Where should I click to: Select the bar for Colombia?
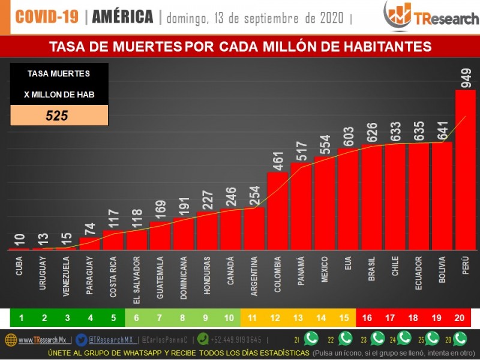pyautogui.click(x=277, y=211)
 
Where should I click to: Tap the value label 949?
pyautogui.click(x=466, y=77)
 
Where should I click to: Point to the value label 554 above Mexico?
pyautogui.click(x=325, y=143)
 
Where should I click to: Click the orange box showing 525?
pyautogui.click(x=59, y=115)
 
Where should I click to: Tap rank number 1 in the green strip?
pyautogui.click(x=22, y=317)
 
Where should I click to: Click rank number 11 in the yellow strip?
pyautogui.click(x=253, y=317)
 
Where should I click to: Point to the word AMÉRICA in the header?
pyautogui.click(x=122, y=17)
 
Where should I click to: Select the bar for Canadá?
pyautogui.click(x=230, y=229)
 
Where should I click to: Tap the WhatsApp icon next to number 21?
pyautogui.click(x=311, y=338)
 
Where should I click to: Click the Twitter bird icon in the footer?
pyautogui.click(x=82, y=339)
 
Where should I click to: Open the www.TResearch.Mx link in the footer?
pyautogui.click(x=41, y=340)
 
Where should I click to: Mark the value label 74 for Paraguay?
pyautogui.click(x=90, y=228)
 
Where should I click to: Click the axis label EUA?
pyautogui.click(x=348, y=265)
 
